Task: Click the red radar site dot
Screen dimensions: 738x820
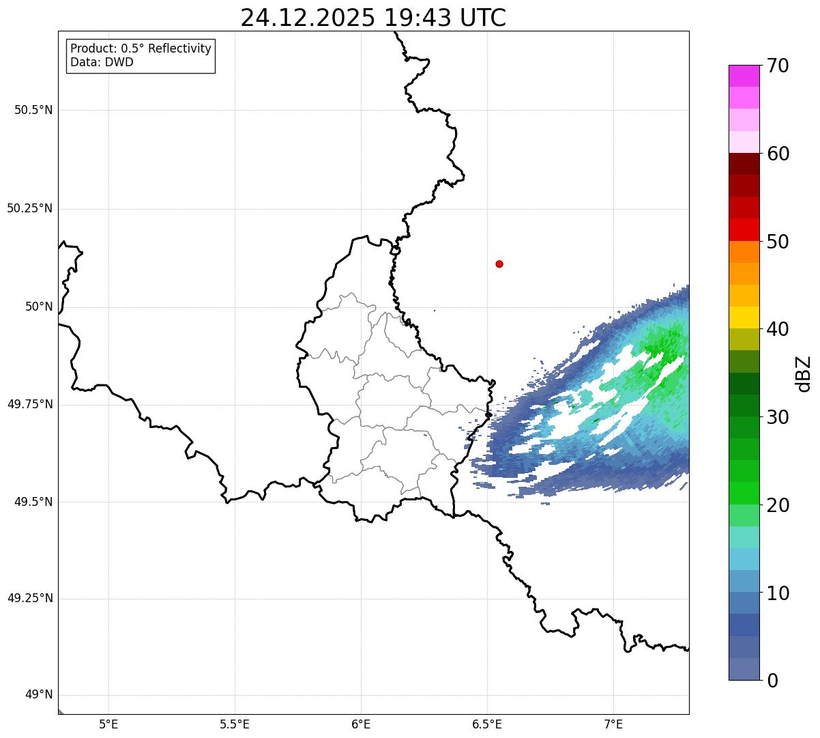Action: pyautogui.click(x=499, y=264)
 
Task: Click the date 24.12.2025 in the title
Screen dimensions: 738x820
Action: pyautogui.click(x=307, y=18)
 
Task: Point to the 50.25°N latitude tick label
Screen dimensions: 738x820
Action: pyautogui.click(x=30, y=208)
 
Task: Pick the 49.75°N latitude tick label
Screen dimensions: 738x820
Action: pyautogui.click(x=30, y=404)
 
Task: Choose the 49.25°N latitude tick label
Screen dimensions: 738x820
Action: pyautogui.click(x=30, y=599)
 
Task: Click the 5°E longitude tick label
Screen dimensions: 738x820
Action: pyautogui.click(x=108, y=724)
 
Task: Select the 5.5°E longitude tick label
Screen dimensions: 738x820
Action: pyautogui.click(x=235, y=724)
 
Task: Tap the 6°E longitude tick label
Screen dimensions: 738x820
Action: pyautogui.click(x=361, y=724)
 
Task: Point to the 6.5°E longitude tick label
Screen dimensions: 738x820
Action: pyautogui.click(x=487, y=724)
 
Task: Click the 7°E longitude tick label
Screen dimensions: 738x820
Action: pyautogui.click(x=613, y=724)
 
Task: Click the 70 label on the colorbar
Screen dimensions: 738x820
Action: pyautogui.click(x=778, y=66)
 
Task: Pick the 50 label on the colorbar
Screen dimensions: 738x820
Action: pyautogui.click(x=778, y=242)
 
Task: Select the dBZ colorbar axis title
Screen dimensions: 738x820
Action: pyautogui.click(x=804, y=373)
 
